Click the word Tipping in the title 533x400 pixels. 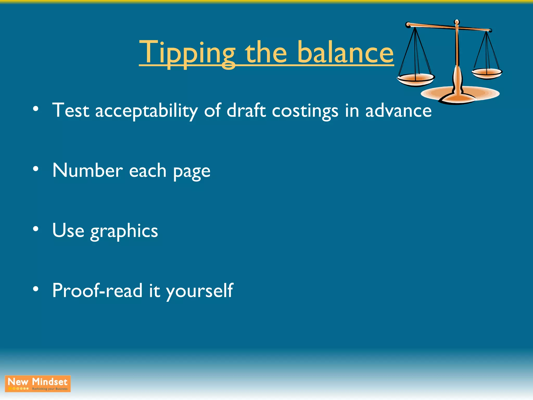click(x=187, y=53)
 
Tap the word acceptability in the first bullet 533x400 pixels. click(x=146, y=111)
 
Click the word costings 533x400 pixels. click(x=305, y=111)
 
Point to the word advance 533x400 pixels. click(x=398, y=110)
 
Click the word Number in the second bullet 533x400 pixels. click(x=88, y=171)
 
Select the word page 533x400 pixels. click(x=192, y=172)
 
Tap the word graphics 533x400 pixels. click(x=124, y=231)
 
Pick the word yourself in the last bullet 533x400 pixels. click(x=199, y=291)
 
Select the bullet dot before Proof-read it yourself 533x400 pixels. click(x=36, y=289)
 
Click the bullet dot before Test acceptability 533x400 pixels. click(x=36, y=109)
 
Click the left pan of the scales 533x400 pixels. click(x=416, y=79)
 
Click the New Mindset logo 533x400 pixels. click(x=38, y=384)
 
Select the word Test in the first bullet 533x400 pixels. click(x=71, y=110)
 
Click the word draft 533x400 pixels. click(x=246, y=110)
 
